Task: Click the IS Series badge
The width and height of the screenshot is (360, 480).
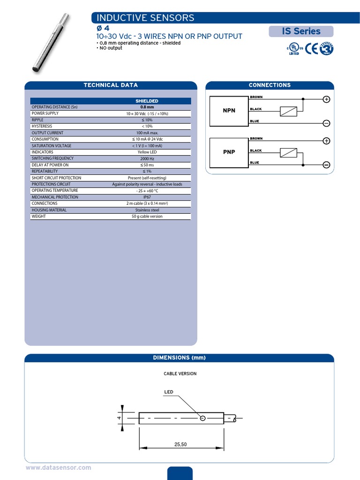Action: tap(301, 31)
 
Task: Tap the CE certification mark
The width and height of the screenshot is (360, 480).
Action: tap(312, 49)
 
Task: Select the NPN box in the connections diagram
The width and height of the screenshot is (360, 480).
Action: tap(229, 111)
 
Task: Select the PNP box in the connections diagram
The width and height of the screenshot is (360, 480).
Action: tap(229, 152)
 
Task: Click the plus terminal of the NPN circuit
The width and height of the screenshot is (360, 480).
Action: tap(326, 99)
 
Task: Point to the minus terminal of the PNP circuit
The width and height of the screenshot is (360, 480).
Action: tap(326, 165)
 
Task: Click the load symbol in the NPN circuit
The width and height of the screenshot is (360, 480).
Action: tap(288, 112)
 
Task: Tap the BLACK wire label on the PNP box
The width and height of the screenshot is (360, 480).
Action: tap(256, 151)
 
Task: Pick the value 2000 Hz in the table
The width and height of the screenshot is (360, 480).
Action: tap(147, 158)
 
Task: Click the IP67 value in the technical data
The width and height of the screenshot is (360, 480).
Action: tap(147, 197)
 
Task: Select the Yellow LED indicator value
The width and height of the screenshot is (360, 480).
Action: tap(147, 152)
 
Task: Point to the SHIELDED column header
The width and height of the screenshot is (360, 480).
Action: tap(147, 101)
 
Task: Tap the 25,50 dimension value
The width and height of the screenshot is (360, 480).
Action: tap(180, 444)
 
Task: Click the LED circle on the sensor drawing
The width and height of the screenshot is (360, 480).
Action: tap(202, 418)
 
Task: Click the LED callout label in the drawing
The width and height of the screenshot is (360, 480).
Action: tap(169, 392)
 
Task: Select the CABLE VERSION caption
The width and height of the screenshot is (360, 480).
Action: tap(180, 374)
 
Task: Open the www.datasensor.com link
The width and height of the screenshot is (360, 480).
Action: tap(58, 468)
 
